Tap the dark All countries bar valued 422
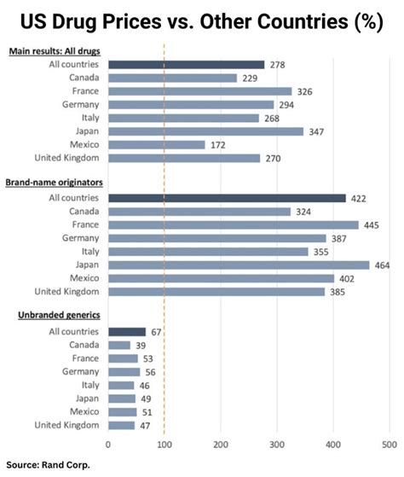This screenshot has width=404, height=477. pos(227,198)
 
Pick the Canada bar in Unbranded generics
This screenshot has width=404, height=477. pos(119,345)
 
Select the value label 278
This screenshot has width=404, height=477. pos(276,64)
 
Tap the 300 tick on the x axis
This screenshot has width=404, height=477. pos(277,445)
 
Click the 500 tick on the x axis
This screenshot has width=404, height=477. pos(390,445)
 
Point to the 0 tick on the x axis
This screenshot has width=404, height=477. pos(107,445)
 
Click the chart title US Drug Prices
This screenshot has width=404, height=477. pos(201,21)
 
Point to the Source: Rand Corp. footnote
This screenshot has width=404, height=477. pos(48,465)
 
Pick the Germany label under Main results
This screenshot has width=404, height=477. pos(82,104)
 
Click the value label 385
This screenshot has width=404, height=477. pos(340,291)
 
